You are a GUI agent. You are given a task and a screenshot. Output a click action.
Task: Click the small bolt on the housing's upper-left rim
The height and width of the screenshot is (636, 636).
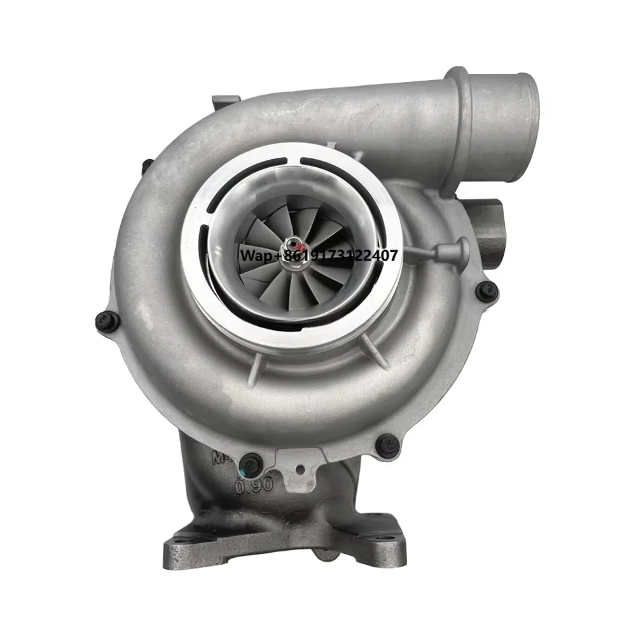[146, 167]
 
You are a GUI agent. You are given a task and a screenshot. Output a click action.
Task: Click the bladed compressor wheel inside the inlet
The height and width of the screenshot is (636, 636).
[280, 267]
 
